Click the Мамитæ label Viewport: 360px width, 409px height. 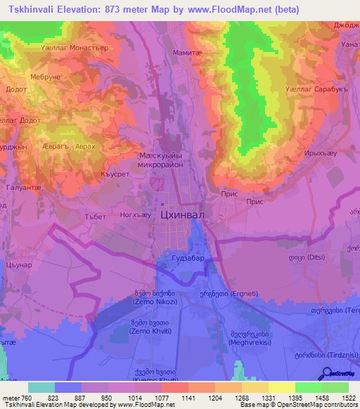pyautogui.click(x=186, y=53)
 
